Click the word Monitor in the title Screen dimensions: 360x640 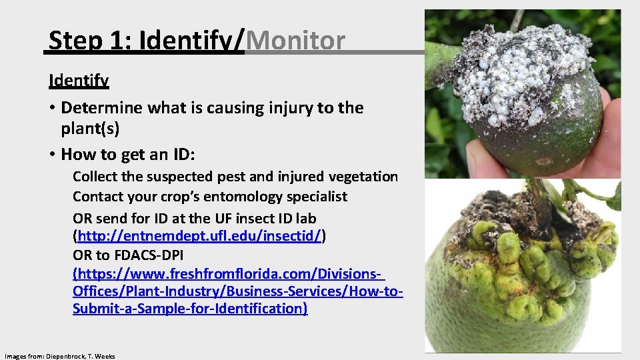295,41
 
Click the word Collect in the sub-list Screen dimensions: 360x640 95,177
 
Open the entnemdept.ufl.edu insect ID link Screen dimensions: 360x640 199,236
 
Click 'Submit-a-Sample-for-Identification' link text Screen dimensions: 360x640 190,309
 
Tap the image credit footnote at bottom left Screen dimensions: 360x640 59,356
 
